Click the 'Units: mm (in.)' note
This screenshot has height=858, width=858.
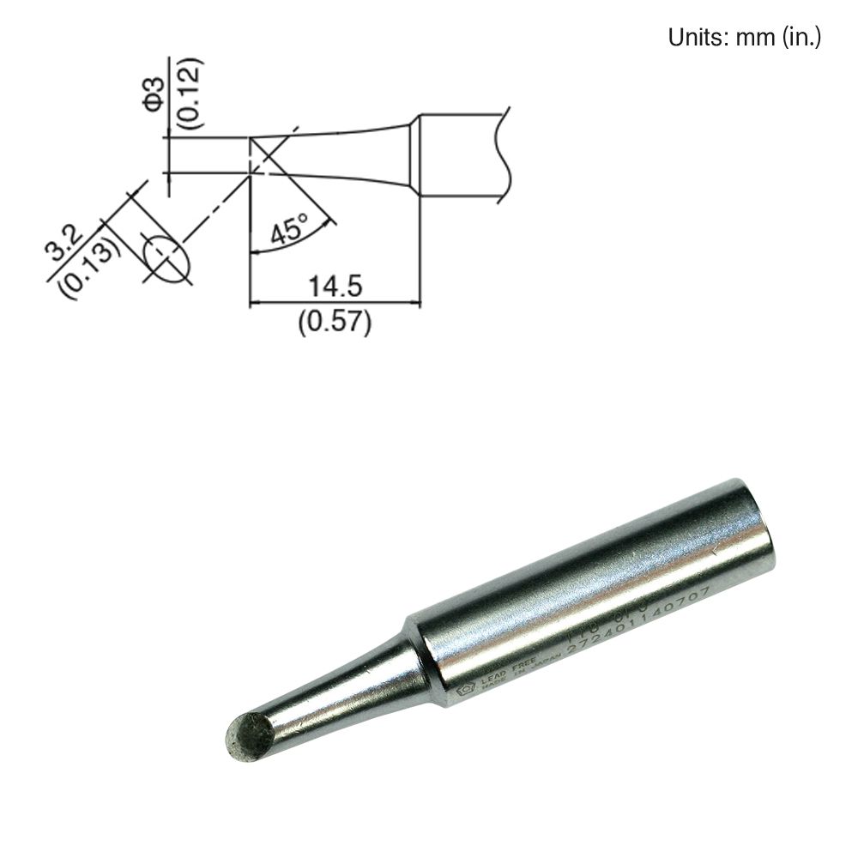click(744, 39)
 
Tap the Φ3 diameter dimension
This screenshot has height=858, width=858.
click(153, 94)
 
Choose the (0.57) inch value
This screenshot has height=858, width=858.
click(335, 322)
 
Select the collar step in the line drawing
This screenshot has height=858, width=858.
click(414, 155)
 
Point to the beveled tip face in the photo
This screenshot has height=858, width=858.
click(250, 735)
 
